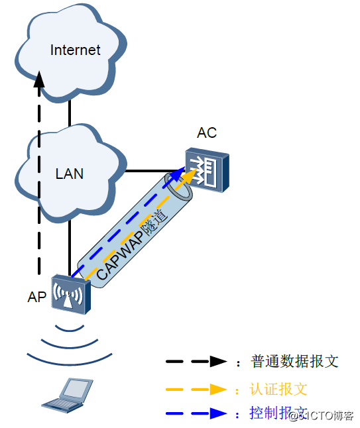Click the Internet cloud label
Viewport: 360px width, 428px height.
click(x=76, y=50)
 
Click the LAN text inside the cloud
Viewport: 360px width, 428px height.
click(x=69, y=174)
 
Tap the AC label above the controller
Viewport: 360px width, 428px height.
click(x=207, y=133)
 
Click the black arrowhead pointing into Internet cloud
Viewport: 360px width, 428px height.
click(x=39, y=80)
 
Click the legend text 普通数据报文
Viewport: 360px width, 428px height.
click(x=295, y=362)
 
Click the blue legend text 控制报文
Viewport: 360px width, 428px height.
click(x=269, y=413)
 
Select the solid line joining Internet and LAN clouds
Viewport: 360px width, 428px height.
click(x=69, y=113)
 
